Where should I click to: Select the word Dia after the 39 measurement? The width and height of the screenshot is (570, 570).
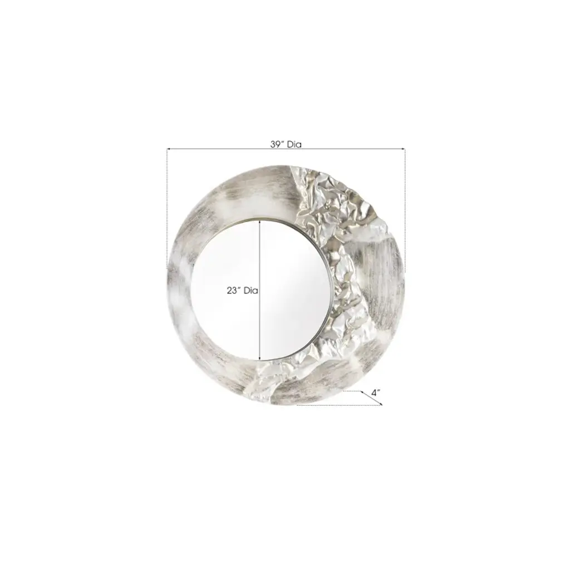point(294,144)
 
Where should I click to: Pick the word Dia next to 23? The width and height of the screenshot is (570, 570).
point(251,291)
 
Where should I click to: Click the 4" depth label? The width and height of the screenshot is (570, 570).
point(376,392)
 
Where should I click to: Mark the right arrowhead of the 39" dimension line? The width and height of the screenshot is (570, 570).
point(403,149)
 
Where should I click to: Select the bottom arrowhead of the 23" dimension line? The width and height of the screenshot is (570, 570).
point(259,358)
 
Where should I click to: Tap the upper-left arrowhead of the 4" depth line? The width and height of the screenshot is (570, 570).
point(362,392)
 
